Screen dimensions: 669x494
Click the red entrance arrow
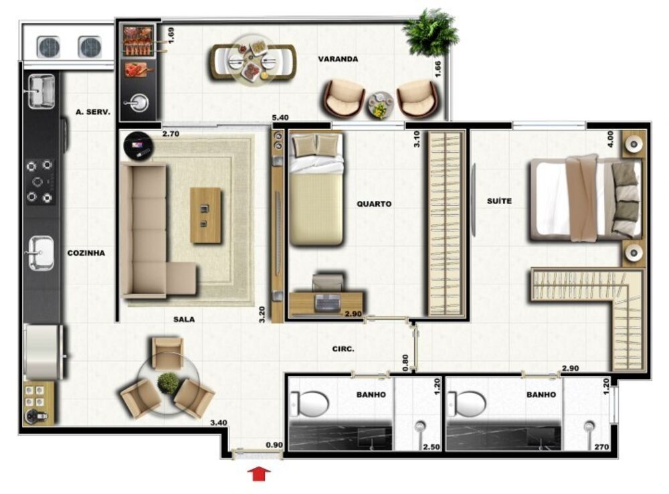(x=259, y=473)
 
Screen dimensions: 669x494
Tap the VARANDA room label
(x=337, y=59)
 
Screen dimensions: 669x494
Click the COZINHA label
(x=86, y=253)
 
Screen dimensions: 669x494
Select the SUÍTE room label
(x=499, y=201)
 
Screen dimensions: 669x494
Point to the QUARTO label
(x=374, y=203)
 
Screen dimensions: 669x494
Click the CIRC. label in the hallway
(x=343, y=349)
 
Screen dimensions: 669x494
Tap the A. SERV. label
(x=92, y=112)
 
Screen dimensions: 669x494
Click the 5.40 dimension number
(x=280, y=117)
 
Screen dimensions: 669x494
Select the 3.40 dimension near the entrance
(x=219, y=422)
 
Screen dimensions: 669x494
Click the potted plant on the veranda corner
(x=430, y=32)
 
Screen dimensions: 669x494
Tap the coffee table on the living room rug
(x=205, y=215)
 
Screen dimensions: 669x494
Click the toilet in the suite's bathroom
(x=466, y=404)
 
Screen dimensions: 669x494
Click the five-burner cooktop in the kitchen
(x=39, y=181)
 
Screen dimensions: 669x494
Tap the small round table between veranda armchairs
(x=380, y=104)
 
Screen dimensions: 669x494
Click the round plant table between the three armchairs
(x=168, y=384)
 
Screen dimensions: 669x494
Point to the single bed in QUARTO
(x=316, y=189)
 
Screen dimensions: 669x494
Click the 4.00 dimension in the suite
(x=610, y=139)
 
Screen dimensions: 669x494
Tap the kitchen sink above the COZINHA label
(x=41, y=253)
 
